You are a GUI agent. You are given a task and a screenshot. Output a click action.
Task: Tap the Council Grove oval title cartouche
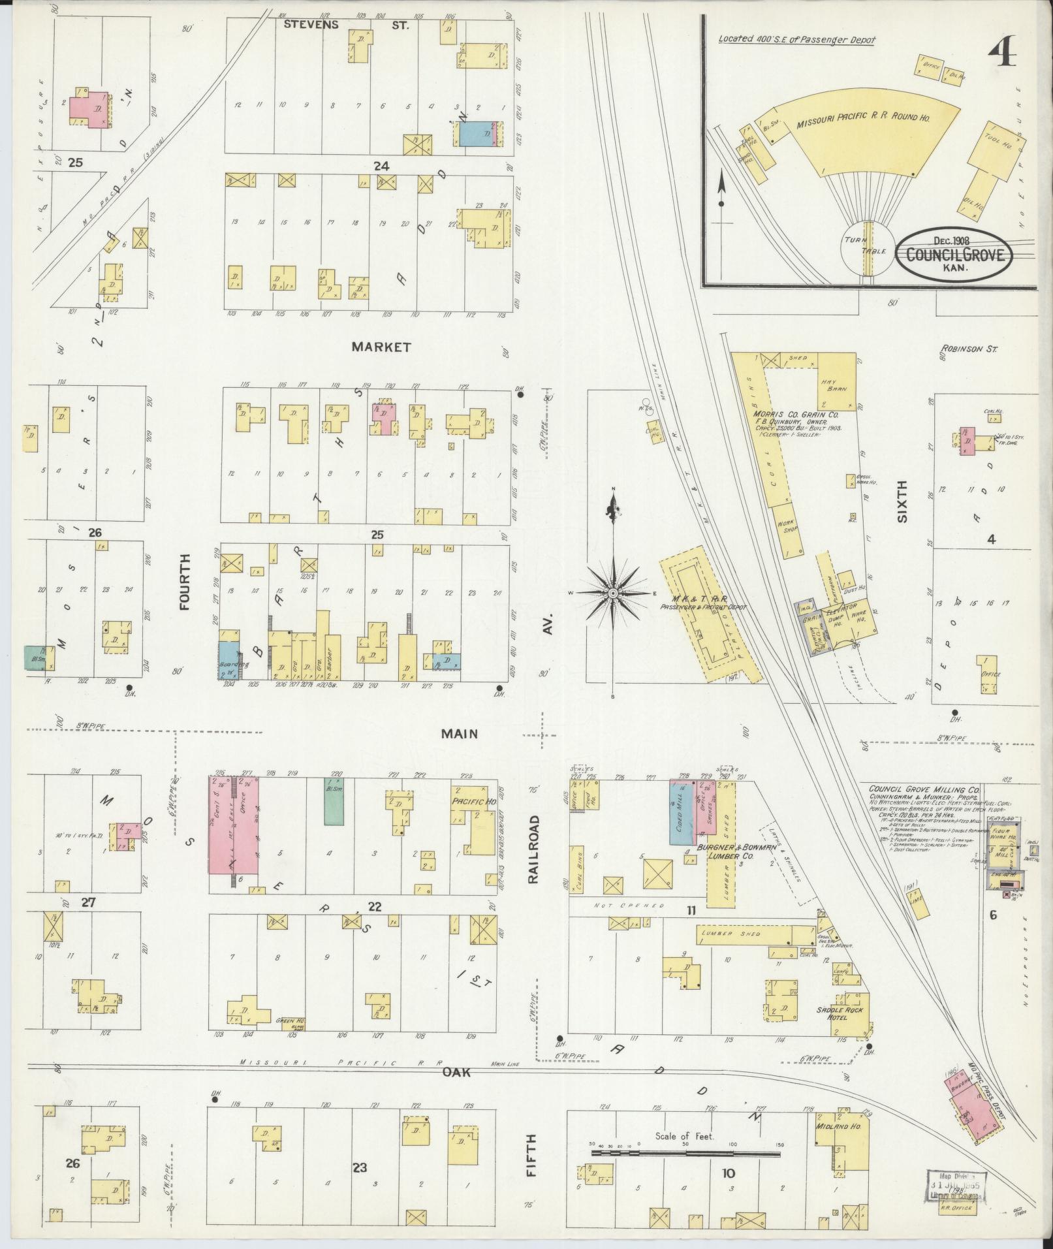coord(954,255)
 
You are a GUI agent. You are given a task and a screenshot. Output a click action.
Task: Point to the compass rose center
coord(613,593)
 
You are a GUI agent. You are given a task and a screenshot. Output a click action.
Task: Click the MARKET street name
coord(381,347)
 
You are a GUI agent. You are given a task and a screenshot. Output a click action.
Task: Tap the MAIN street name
coord(459,735)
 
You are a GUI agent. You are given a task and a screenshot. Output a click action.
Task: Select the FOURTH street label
coord(185,582)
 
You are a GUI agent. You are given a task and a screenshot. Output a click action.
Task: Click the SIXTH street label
coord(902,501)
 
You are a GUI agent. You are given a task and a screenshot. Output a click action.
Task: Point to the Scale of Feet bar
coord(685,1154)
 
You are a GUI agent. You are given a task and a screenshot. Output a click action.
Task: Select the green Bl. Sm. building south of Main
coord(334,800)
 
